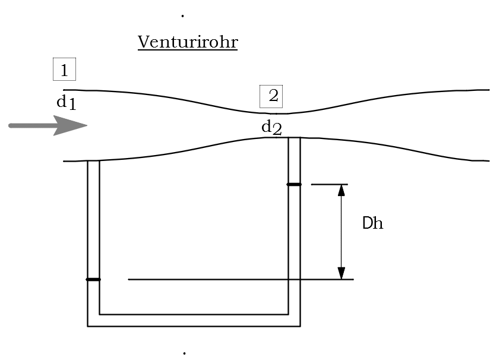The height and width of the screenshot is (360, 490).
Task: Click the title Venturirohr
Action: (188, 42)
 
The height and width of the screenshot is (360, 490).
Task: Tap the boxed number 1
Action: (64, 70)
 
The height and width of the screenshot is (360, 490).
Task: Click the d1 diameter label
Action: (66, 103)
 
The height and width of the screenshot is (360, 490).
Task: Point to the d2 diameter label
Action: (271, 127)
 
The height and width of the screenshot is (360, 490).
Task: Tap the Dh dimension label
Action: (372, 224)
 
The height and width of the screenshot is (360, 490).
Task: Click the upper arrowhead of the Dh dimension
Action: (341, 191)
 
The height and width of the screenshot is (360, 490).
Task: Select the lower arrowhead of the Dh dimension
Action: (341, 273)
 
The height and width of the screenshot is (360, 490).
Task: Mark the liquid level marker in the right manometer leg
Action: (294, 185)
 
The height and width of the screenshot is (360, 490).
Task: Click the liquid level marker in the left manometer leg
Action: (93, 279)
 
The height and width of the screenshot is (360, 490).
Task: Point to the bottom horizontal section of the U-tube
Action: (194, 320)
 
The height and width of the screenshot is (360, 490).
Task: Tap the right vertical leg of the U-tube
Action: (294, 238)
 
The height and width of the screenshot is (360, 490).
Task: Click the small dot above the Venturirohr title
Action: (182, 16)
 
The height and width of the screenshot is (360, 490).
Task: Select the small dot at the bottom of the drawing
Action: (184, 353)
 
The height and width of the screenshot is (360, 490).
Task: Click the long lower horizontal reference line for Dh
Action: (238, 279)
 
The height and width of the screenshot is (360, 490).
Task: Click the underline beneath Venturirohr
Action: (188, 50)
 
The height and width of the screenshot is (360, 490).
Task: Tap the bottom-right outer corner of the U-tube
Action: (299, 326)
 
